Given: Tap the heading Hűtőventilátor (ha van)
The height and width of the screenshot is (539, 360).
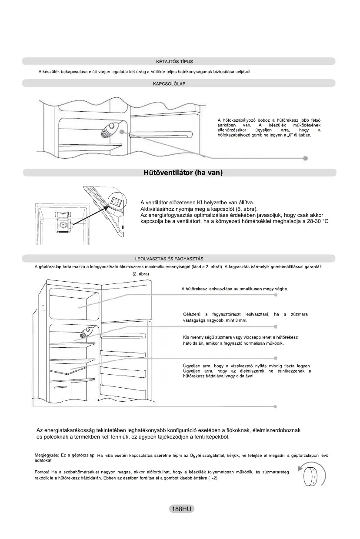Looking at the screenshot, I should (183, 173).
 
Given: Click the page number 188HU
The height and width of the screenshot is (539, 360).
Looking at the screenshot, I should (181, 509).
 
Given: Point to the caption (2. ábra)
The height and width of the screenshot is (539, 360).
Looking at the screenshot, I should (140, 274).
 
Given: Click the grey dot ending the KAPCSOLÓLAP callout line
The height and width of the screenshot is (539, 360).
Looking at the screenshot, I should (306, 158).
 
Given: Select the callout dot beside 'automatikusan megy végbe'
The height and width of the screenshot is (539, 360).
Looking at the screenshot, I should (276, 295).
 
